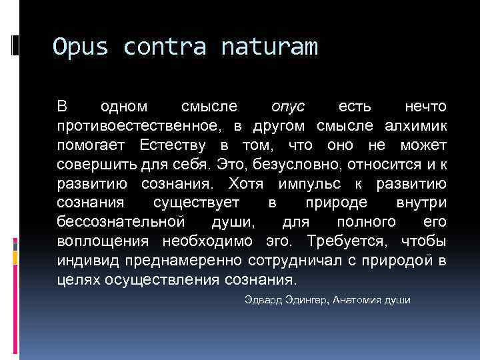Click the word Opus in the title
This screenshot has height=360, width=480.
(x=79, y=47)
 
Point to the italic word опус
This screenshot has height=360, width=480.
(x=288, y=107)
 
